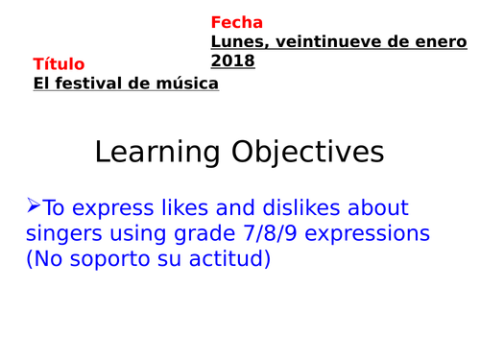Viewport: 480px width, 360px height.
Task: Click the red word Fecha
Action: pos(236,22)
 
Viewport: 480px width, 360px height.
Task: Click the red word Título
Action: pos(59,64)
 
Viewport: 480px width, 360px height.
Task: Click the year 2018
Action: pos(233,60)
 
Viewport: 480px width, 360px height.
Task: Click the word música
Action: pos(189,84)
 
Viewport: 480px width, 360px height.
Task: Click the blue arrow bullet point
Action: pos(34,204)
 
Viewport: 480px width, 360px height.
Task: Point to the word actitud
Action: pos(229,258)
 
